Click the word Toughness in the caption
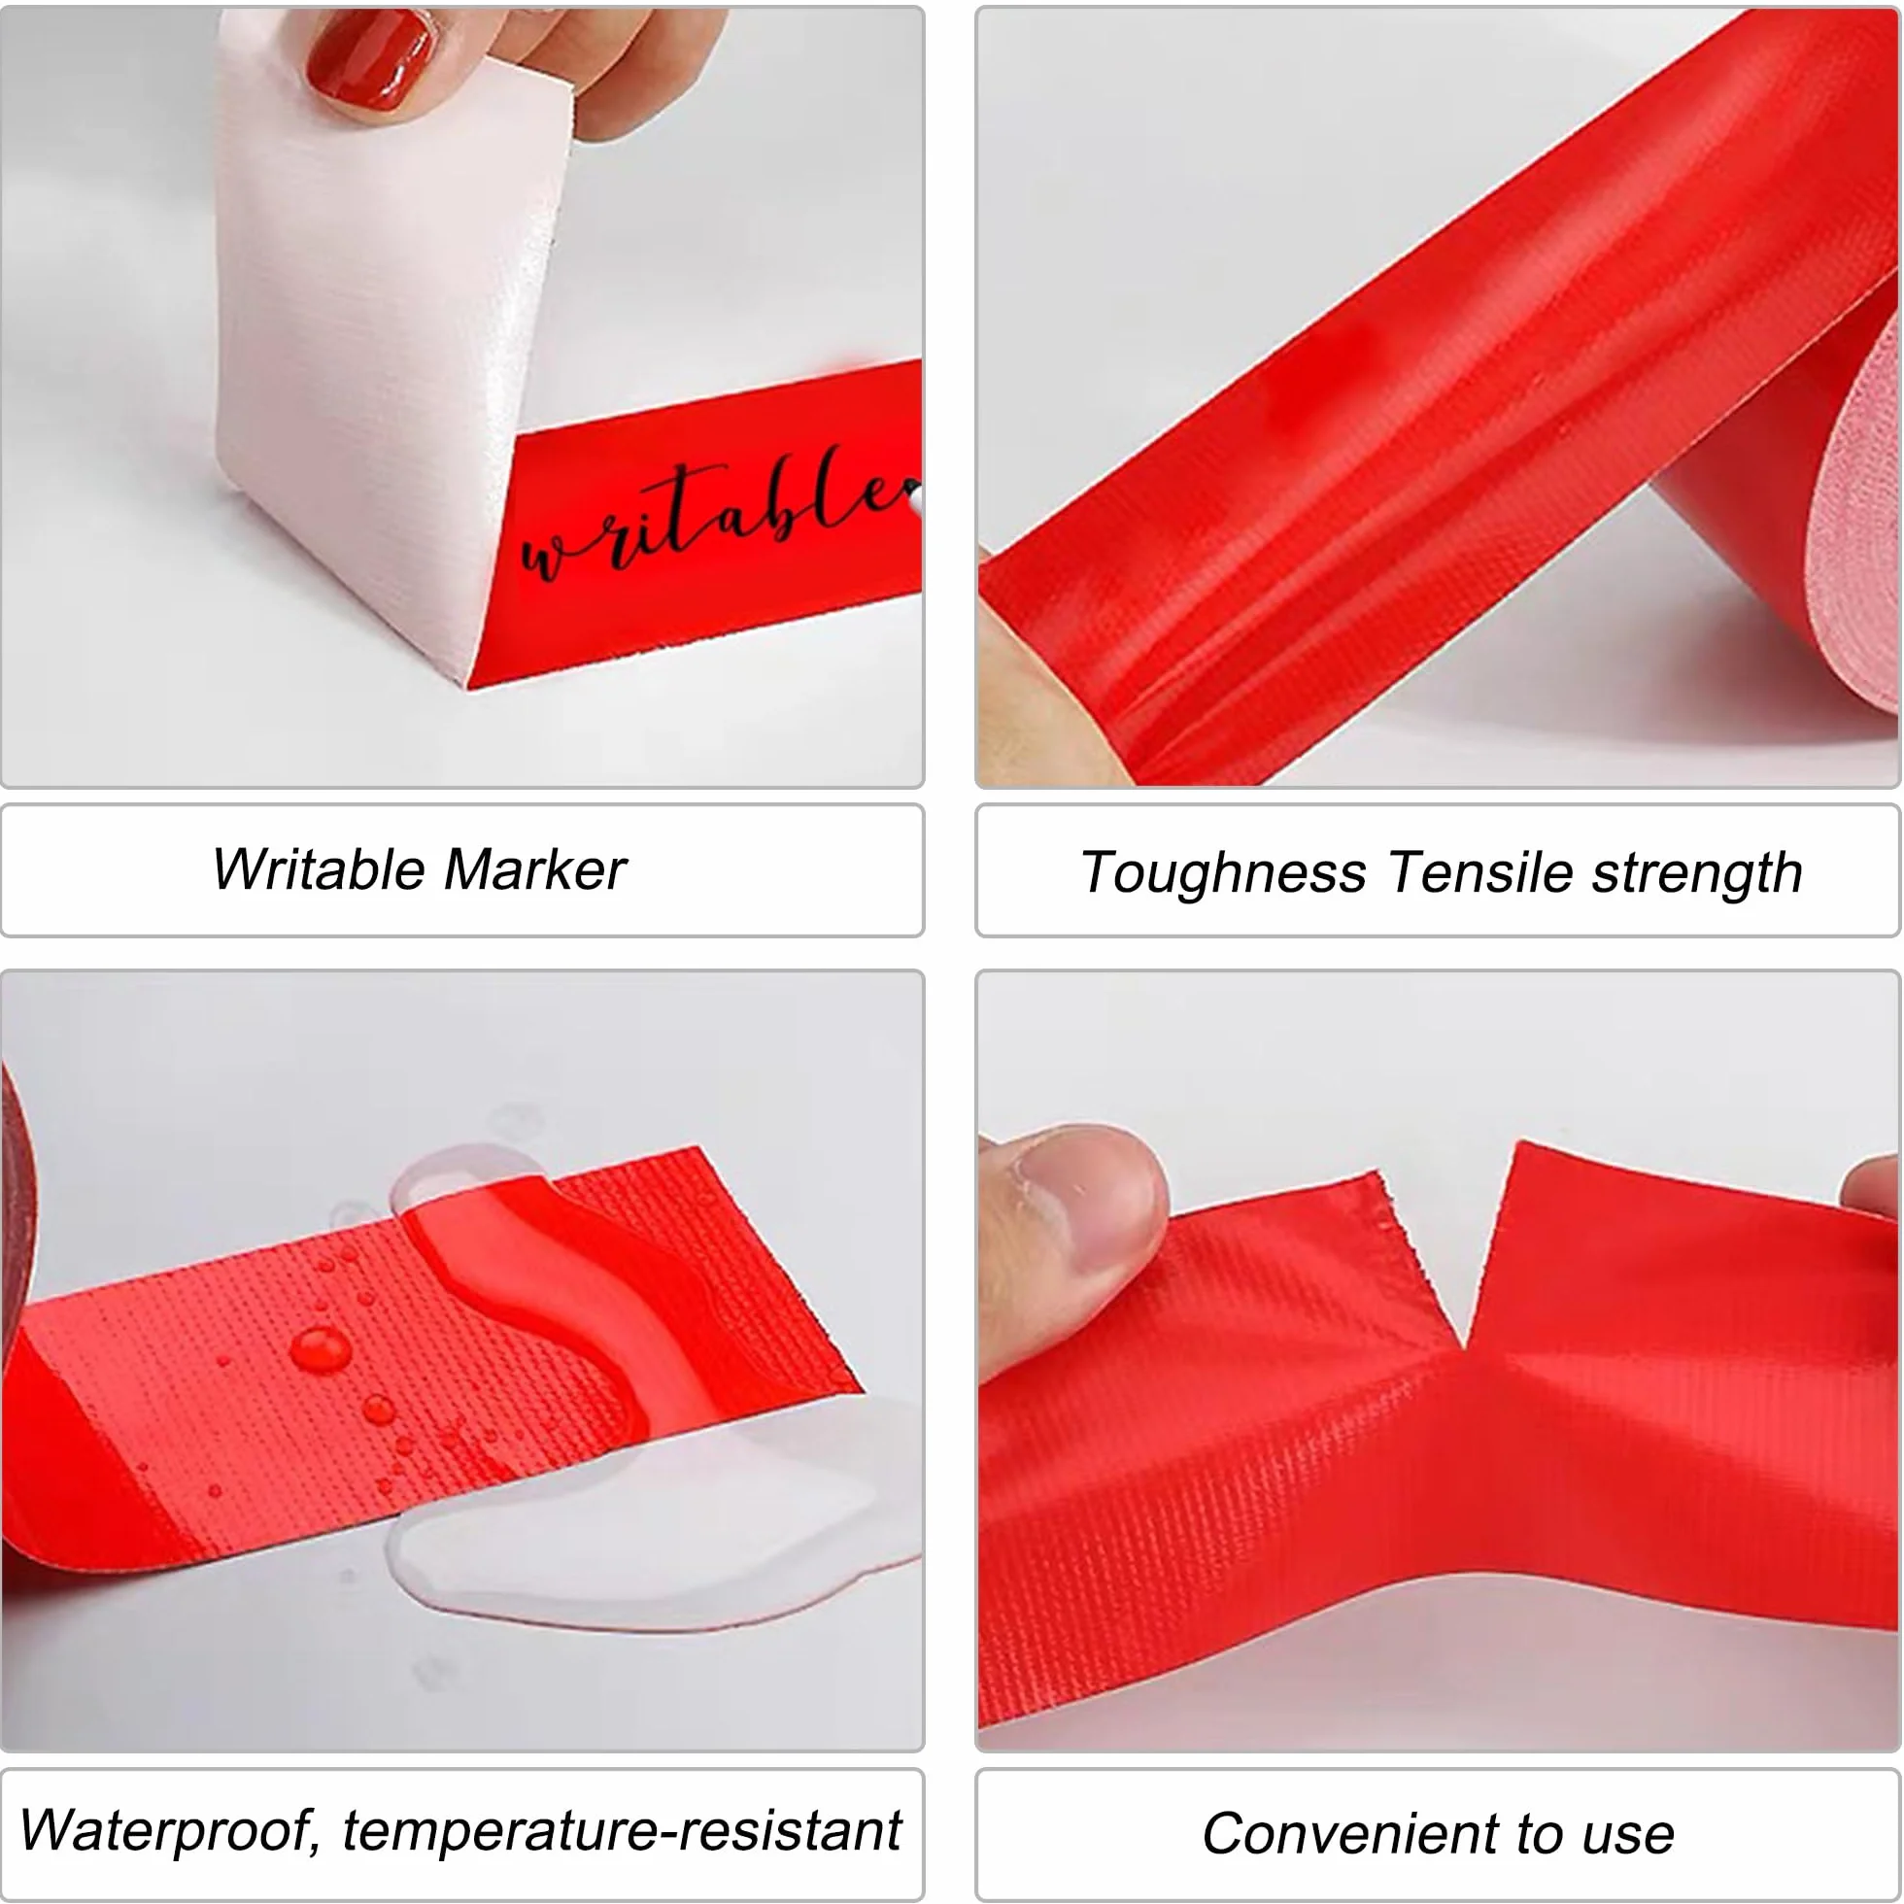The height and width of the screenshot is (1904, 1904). [1224, 873]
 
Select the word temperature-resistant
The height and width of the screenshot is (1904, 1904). [622, 1830]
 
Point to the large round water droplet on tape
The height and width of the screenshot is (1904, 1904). [321, 1347]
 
